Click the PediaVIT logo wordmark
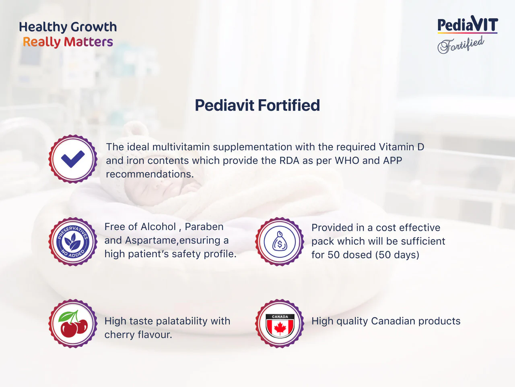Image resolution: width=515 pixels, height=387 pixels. (468, 25)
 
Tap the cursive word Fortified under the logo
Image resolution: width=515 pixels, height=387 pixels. (461, 44)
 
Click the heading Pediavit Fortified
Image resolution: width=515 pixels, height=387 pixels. (257, 105)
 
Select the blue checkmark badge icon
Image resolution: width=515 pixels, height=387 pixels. (73, 159)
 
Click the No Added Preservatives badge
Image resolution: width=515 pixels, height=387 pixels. (73, 242)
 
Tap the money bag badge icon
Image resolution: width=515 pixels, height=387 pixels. (280, 242)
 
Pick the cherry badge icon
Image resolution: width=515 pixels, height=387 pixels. (73, 323)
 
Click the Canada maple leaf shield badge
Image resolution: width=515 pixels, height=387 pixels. (280, 323)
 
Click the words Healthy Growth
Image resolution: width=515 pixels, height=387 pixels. (68, 27)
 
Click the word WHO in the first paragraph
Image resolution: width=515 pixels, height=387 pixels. (347, 160)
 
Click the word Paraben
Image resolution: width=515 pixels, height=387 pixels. (204, 227)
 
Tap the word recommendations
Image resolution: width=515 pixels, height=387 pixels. (150, 174)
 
